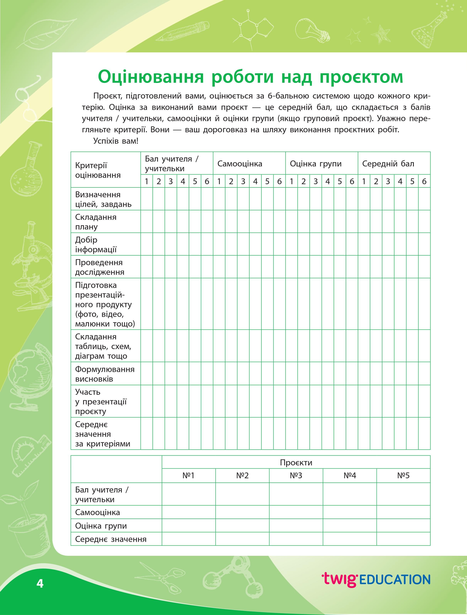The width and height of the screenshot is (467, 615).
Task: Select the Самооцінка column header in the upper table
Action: point(240,164)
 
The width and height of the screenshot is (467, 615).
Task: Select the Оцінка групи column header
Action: point(315,164)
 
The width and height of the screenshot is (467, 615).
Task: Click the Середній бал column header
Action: point(388,164)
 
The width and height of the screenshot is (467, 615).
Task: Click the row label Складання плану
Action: point(96,222)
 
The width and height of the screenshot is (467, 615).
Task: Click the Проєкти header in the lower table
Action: point(296,463)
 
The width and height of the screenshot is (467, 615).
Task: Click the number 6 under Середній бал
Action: point(424,181)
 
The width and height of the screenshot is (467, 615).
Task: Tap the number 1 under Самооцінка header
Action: point(219,181)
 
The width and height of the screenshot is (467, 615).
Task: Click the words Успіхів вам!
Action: point(116,141)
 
